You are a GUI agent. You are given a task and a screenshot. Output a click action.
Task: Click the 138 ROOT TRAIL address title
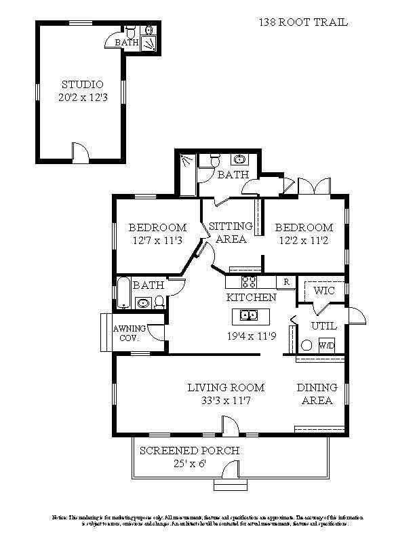pos(303,22)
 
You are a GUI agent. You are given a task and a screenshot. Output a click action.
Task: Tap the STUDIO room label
pos(82,85)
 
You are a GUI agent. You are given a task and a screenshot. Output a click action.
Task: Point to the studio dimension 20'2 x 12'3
pos(82,98)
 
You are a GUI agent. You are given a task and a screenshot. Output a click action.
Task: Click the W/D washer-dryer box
pos(327,345)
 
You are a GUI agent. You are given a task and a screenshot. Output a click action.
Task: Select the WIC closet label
pos(325,290)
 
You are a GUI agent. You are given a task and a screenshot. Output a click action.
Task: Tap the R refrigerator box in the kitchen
pos(287,281)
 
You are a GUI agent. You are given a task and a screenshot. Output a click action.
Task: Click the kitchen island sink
pos(248,315)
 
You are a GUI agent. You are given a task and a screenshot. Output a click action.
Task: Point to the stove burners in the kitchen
pos(249,281)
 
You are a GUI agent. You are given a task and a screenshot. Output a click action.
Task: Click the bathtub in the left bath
pos(124,294)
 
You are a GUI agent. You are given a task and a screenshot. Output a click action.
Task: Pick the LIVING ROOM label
pos(226,388)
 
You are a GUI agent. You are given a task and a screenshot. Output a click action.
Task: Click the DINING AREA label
pos(317,394)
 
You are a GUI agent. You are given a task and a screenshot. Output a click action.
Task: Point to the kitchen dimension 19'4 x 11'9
pos(250,336)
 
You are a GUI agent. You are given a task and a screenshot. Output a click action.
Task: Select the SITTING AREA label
pos(231,233)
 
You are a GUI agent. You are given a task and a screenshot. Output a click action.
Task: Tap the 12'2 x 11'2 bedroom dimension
pos(304,240)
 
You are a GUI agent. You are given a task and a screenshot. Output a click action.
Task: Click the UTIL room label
pos(323,326)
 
